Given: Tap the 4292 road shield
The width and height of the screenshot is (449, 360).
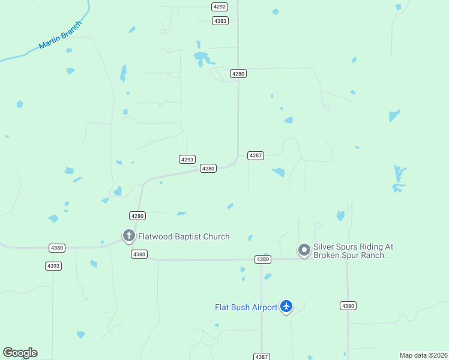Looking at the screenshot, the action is [220, 7].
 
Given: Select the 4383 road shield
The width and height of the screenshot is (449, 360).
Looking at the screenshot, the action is [220, 21].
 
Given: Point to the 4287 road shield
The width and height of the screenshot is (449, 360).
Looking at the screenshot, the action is [256, 155].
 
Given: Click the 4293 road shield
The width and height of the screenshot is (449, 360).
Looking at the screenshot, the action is [187, 160].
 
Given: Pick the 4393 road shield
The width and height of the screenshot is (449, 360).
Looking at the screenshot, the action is [53, 266].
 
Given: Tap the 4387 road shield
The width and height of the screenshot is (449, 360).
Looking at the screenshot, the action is [262, 356].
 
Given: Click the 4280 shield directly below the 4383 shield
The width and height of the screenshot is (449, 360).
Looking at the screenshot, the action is [238, 73].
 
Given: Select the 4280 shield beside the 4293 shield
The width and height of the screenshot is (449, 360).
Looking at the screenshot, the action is [208, 169].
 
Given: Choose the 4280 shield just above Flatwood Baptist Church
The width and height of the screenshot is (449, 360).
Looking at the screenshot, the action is [137, 215].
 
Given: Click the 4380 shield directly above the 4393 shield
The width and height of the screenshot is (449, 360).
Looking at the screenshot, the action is [57, 248].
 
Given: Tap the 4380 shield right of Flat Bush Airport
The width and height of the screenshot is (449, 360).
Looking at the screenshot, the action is [348, 306].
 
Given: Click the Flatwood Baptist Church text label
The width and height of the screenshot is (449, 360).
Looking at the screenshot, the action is [184, 236].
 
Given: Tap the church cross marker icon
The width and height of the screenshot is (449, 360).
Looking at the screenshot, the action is [128, 235].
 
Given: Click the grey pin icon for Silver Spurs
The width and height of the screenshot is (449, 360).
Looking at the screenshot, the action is [304, 249].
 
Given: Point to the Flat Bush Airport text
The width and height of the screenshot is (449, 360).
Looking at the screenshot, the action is [246, 308].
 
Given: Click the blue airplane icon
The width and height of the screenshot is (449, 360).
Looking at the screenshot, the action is [286, 307].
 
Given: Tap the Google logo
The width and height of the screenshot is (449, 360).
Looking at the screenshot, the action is [20, 353].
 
